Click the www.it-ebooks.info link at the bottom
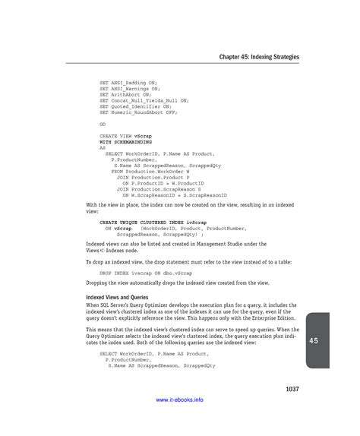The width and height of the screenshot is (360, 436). (179, 420)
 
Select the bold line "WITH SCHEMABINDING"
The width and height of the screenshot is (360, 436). (126, 141)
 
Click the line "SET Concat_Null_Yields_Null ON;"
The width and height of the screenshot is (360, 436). (144, 100)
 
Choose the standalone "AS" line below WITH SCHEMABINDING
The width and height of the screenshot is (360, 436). (103, 147)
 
